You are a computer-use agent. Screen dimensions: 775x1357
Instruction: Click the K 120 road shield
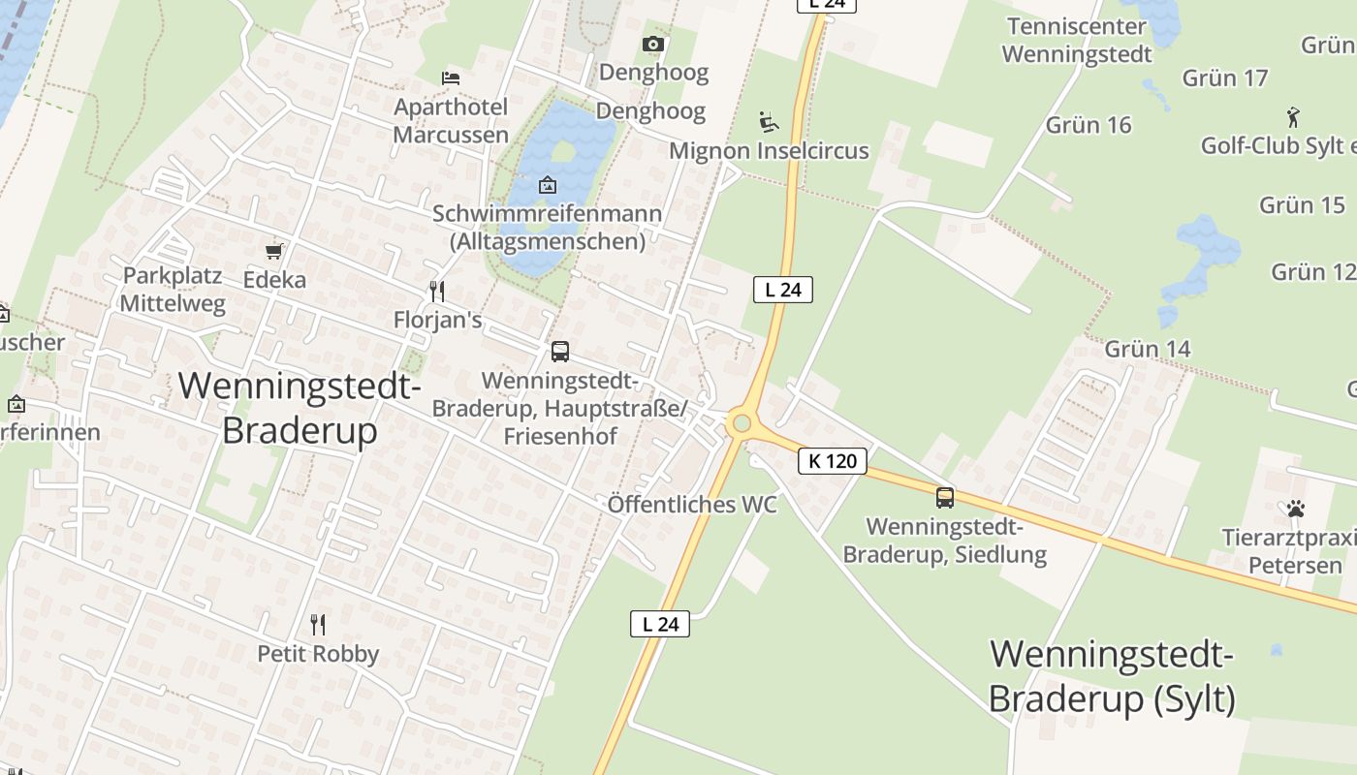[x=832, y=460]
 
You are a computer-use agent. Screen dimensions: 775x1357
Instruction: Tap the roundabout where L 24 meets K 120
[x=742, y=423]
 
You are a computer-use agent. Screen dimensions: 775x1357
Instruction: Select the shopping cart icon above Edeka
[x=274, y=251]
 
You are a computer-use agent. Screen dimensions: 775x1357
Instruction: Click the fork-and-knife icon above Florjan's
[x=437, y=291]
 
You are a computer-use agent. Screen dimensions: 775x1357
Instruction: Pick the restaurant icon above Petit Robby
[x=317, y=624]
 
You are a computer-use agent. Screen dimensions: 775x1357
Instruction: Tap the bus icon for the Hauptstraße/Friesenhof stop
[x=560, y=352]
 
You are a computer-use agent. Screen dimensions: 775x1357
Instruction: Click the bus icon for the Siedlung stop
[x=945, y=498]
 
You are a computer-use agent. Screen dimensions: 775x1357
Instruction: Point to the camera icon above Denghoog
[x=653, y=44]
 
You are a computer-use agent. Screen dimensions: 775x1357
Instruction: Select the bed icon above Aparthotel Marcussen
[x=451, y=77]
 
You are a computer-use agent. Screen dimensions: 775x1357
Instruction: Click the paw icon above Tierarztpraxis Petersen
[x=1296, y=509]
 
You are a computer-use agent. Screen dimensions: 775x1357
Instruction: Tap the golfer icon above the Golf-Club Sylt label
[x=1293, y=117]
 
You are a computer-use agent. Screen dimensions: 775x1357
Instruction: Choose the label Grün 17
[x=1225, y=78]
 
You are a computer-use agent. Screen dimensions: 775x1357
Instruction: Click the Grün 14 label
[x=1148, y=348]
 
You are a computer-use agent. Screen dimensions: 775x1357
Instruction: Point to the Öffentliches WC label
[x=692, y=505]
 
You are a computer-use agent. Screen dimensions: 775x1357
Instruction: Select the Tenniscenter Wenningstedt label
[x=1077, y=40]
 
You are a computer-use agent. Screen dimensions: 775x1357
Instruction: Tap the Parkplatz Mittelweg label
[x=173, y=289]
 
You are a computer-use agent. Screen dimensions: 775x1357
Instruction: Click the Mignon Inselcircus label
[x=769, y=151]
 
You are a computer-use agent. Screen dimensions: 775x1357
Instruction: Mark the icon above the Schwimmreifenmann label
[x=548, y=184]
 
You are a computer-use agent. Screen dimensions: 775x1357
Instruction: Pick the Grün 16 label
[x=1089, y=125]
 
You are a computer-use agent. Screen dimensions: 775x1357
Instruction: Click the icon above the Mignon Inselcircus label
[x=769, y=121]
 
